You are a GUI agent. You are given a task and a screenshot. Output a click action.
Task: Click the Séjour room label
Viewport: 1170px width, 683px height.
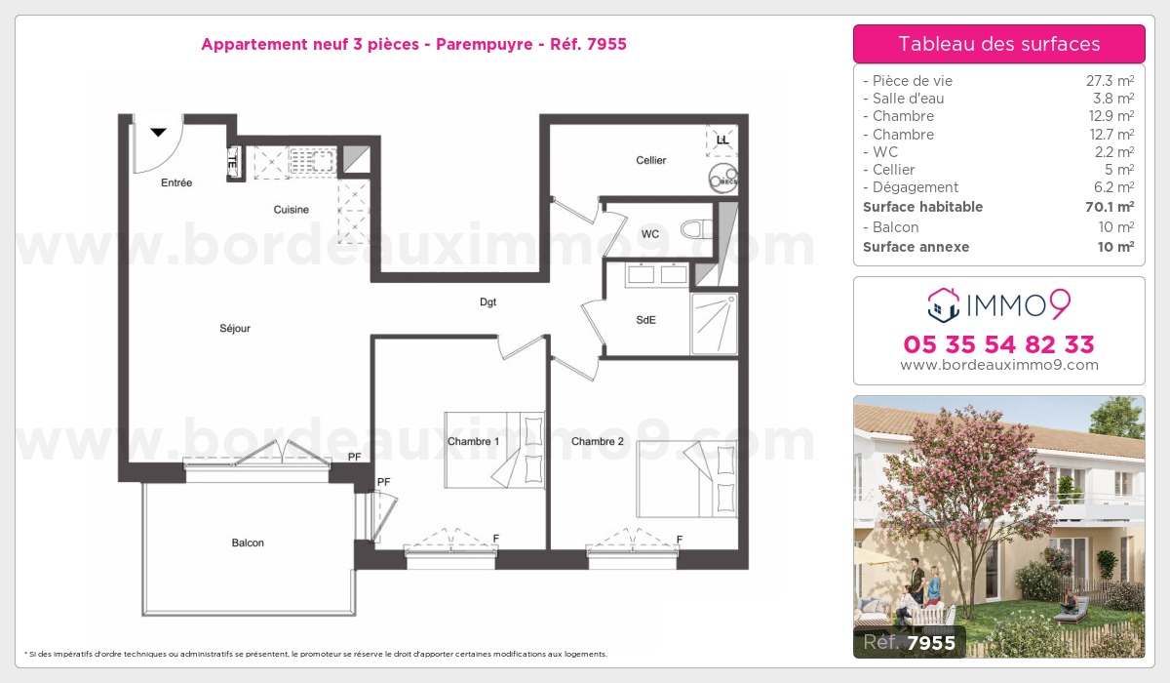click(235, 329)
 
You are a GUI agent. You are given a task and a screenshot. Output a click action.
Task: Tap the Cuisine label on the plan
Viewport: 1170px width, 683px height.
click(292, 210)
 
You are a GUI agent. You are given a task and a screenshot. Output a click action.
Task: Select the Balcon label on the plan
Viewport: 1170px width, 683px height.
click(248, 542)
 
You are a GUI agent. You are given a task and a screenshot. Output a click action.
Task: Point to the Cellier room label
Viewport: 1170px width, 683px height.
click(651, 160)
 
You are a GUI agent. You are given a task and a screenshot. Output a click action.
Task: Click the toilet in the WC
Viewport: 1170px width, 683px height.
click(694, 230)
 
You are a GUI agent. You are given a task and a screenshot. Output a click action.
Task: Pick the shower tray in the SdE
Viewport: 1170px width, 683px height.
click(715, 323)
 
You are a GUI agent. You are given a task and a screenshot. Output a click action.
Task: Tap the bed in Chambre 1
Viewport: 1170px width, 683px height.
click(495, 449)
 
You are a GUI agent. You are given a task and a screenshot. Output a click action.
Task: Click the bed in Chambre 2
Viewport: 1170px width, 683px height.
click(687, 479)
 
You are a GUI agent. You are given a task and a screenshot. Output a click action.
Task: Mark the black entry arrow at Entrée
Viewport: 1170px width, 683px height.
click(159, 132)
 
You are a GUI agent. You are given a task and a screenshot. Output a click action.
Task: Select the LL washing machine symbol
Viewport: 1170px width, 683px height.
click(721, 141)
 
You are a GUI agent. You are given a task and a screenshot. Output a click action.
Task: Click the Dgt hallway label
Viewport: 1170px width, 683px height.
click(488, 302)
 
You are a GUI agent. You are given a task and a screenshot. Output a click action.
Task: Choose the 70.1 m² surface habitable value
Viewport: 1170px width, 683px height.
click(1112, 207)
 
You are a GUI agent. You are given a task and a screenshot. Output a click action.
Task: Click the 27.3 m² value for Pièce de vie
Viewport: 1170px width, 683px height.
click(1112, 81)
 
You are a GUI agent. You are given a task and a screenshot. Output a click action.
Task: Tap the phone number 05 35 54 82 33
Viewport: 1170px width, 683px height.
click(998, 344)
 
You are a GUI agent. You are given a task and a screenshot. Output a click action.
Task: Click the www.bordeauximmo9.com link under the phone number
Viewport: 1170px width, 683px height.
click(998, 366)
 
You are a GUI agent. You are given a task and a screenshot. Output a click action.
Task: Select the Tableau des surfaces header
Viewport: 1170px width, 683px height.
click(998, 44)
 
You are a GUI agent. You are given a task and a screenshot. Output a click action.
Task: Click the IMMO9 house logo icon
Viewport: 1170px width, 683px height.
click(943, 305)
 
